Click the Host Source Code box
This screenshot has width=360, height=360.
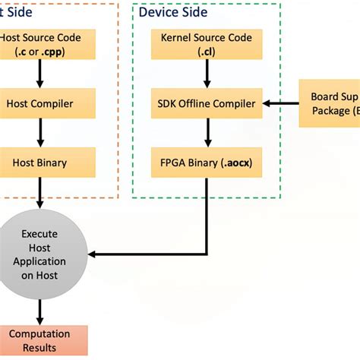(39, 45)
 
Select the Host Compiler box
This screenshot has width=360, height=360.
(39, 103)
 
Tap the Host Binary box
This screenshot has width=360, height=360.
(39, 162)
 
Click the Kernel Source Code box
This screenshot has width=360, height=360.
(207, 45)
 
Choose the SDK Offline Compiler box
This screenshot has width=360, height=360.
(207, 103)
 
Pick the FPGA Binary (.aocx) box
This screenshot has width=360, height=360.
(207, 162)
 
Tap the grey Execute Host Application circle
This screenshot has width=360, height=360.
(39, 254)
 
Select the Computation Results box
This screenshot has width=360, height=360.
(39, 340)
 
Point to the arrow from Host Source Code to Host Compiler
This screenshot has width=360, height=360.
(39, 74)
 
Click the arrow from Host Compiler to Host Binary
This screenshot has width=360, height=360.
(39, 132)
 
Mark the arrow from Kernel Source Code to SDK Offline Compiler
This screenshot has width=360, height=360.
(207, 74)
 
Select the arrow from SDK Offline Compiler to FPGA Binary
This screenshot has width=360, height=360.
(207, 132)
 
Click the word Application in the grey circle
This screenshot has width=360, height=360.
(39, 261)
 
